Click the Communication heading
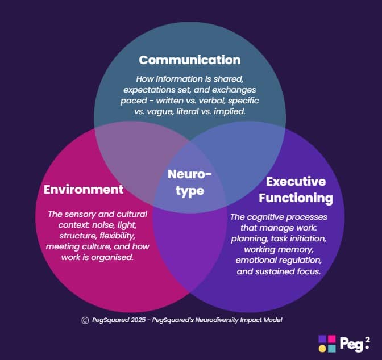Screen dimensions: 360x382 pyautogui.click(x=189, y=60)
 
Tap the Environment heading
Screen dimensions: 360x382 pyautogui.click(x=84, y=189)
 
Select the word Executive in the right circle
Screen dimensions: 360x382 pyautogui.click(x=296, y=182)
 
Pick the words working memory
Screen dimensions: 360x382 pyautogui.click(x=278, y=249)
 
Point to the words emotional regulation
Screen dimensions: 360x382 pyautogui.click(x=279, y=260)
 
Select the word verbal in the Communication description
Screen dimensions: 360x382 pyautogui.click(x=217, y=101)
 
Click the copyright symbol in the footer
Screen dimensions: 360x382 pyautogui.click(x=85, y=320)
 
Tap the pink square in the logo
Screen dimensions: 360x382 pyautogui.click(x=332, y=339)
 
